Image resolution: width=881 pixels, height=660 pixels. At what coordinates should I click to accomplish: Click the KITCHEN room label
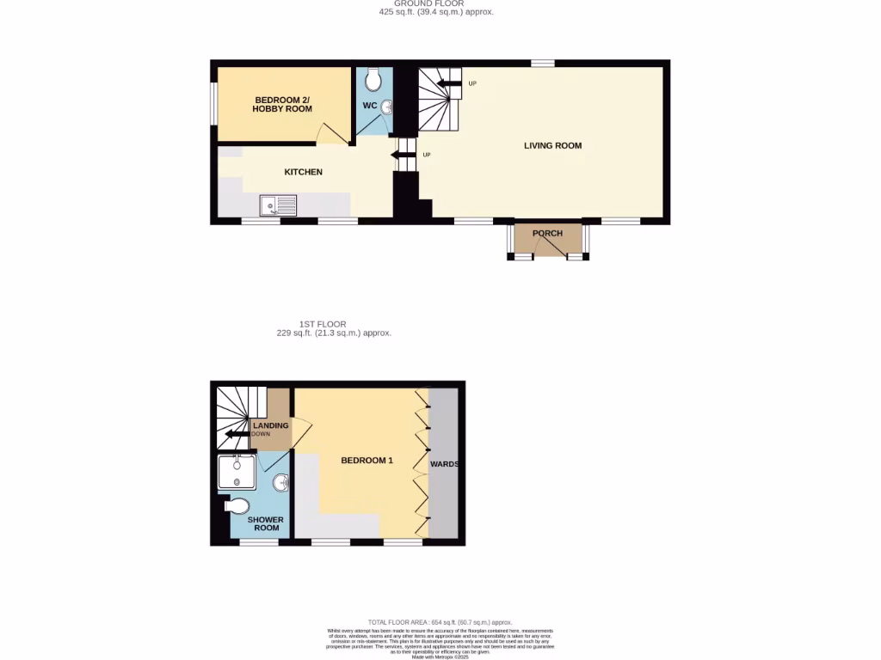click(x=304, y=172)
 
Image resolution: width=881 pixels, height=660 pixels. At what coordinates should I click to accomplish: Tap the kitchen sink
click(x=278, y=205)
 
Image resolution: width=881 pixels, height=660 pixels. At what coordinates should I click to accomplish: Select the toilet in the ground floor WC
click(x=373, y=81)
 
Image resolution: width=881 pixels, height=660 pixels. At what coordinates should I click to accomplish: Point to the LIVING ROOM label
click(x=553, y=145)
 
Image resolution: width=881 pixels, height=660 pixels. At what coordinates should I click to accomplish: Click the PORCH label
click(x=547, y=233)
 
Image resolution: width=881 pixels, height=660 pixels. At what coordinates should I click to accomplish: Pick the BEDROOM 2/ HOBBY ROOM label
click(x=282, y=105)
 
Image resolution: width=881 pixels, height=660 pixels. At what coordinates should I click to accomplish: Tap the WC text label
click(x=370, y=106)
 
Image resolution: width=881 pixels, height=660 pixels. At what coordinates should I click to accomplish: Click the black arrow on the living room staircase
click(x=448, y=83)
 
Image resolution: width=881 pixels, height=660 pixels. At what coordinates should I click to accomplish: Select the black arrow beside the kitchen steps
click(x=402, y=155)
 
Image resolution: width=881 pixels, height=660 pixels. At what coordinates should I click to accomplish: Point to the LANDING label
click(x=270, y=425)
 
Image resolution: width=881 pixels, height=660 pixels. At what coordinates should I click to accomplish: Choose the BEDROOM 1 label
click(x=367, y=461)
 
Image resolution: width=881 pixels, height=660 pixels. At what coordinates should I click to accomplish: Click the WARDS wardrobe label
click(x=445, y=464)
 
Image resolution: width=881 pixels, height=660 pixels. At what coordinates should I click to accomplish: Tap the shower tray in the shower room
click(x=236, y=473)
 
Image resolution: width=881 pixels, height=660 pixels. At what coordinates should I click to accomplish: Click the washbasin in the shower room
click(x=280, y=482)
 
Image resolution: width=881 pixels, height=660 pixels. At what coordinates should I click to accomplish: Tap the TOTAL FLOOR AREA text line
click(x=440, y=622)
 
